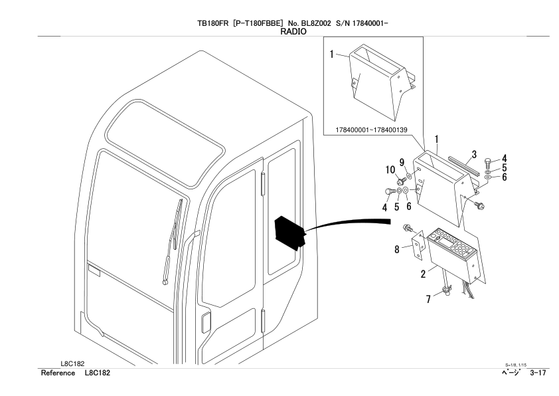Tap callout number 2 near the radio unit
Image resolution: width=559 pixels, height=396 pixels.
point(422,273)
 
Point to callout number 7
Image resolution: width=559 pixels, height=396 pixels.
point(428,300)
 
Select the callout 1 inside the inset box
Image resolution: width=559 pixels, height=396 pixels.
point(331,54)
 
